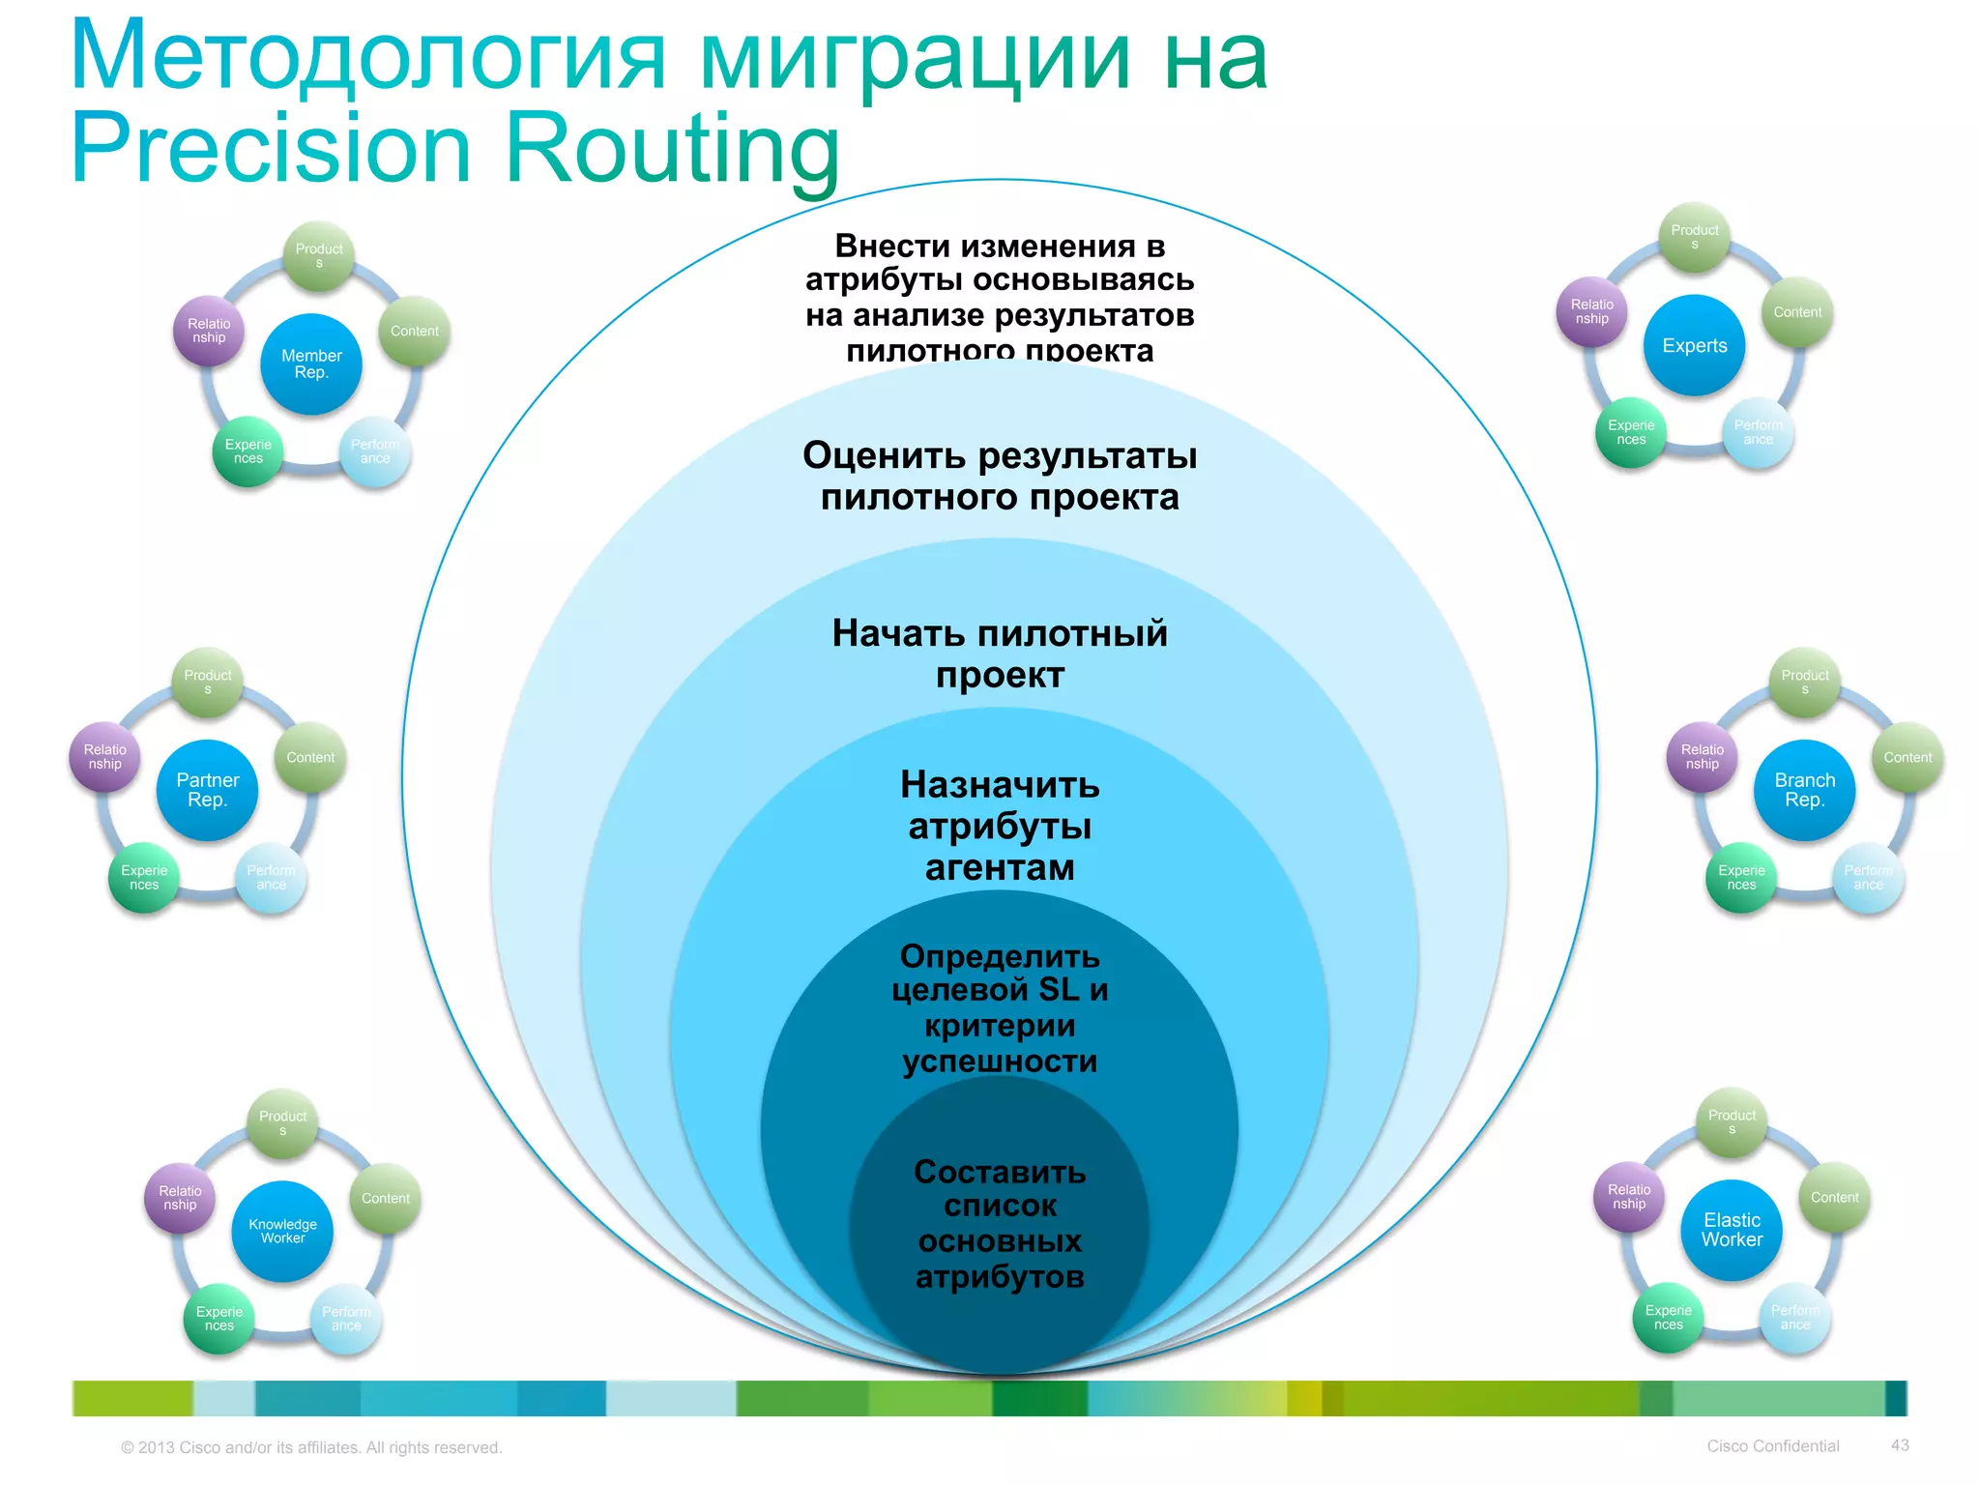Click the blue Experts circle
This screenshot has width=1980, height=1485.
point(1694,346)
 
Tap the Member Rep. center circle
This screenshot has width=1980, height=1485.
point(311,364)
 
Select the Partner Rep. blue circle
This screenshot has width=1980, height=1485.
point(208,790)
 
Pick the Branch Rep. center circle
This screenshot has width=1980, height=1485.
point(1804,790)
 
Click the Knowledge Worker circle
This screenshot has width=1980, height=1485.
point(282,1231)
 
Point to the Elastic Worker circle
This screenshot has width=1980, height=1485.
point(1732,1230)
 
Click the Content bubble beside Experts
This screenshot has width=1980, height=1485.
point(1797,312)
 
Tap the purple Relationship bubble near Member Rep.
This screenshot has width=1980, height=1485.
point(209,331)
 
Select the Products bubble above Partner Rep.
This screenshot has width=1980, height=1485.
point(208,682)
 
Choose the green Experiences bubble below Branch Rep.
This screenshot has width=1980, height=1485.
point(1741,877)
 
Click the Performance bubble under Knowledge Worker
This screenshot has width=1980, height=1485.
point(346,1319)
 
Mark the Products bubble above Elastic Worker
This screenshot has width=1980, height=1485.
point(1732,1121)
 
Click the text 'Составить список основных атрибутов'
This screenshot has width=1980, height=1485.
point(1000,1224)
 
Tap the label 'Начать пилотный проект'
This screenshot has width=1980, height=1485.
point(1000,654)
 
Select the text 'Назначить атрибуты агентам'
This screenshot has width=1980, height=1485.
point(1000,826)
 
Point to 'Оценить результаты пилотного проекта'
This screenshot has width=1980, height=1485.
point(1000,476)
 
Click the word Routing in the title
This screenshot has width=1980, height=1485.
point(672,150)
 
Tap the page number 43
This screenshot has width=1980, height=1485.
point(1900,1445)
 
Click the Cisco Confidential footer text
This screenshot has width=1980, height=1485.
point(1772,1446)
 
